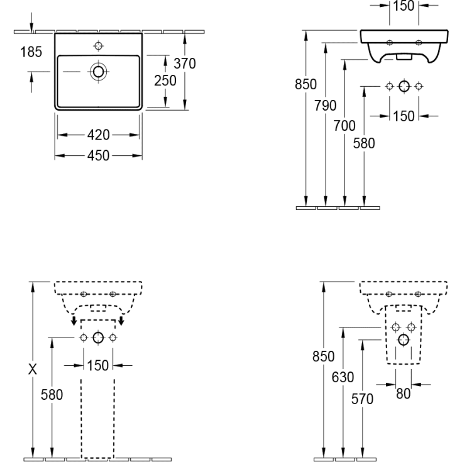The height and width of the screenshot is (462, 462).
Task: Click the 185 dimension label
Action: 31,52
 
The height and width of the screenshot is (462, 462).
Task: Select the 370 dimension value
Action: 185,63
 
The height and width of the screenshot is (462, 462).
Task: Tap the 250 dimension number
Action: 165,80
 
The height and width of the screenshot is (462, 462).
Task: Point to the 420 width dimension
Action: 99,135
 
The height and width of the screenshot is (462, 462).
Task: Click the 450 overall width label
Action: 99,155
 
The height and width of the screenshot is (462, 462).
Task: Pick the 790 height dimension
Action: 326,106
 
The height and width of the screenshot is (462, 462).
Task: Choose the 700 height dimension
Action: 344,126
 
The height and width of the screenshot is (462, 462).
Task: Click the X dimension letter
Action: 33,369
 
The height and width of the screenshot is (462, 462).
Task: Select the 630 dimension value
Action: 343,377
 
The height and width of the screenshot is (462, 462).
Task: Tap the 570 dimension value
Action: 362,399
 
